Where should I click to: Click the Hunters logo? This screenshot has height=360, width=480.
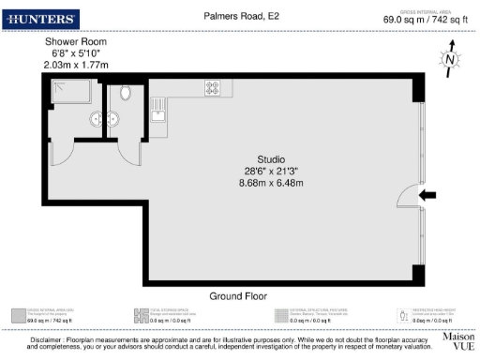click(x=42, y=19)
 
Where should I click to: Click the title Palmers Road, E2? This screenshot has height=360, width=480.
click(x=241, y=16)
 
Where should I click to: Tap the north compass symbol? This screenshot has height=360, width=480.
click(x=451, y=60)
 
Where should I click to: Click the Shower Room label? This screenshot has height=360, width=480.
click(x=76, y=43)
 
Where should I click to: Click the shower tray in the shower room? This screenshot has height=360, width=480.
click(x=70, y=92)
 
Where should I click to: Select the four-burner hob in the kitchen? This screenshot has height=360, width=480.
click(x=213, y=88)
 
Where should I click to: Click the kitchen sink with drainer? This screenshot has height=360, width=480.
click(x=157, y=111)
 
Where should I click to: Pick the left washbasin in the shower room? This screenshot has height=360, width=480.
click(x=97, y=119)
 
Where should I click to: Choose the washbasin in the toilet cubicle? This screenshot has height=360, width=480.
click(x=113, y=119)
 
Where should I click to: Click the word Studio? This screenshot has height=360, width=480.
click(x=271, y=158)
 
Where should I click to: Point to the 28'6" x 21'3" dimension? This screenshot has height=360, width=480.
click(x=271, y=170)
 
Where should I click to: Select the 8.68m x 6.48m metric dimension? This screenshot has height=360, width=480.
click(x=271, y=182)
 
